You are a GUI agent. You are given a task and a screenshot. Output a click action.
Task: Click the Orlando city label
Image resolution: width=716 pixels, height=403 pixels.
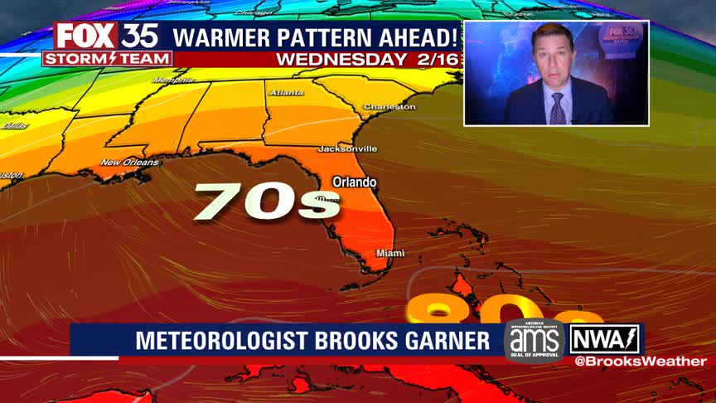point(354,182)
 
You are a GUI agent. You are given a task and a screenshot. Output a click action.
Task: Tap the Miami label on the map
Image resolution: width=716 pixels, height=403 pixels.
point(390,253)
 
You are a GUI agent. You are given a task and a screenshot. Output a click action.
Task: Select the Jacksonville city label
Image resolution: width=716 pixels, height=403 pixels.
point(347,148)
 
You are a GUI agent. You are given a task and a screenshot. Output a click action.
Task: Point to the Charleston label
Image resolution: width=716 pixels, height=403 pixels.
point(389,107)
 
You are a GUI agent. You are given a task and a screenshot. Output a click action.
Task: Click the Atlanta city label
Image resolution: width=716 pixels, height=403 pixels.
point(286,93)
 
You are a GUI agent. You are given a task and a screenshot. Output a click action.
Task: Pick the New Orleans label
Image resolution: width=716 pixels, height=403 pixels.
point(129,163)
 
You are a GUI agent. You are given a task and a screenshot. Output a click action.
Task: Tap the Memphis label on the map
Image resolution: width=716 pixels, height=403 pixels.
point(172,80)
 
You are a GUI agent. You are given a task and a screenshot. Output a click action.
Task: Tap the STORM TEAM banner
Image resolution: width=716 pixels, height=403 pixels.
point(108,59)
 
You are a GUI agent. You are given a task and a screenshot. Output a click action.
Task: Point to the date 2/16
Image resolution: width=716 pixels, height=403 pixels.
point(432,60)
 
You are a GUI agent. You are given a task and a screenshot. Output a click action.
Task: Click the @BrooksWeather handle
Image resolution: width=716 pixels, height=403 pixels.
point(641,362)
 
